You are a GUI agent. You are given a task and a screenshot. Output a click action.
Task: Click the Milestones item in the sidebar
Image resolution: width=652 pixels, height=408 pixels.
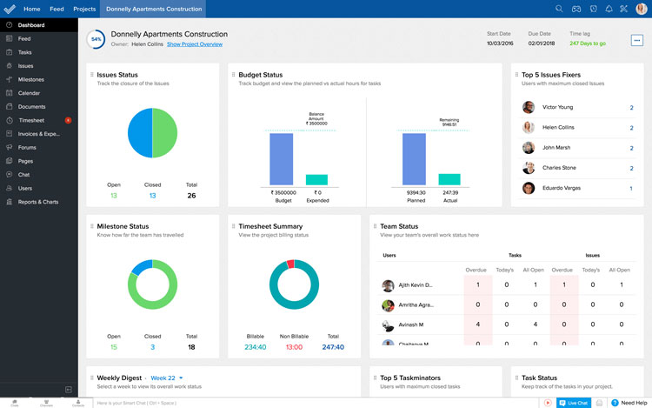[x=30, y=79]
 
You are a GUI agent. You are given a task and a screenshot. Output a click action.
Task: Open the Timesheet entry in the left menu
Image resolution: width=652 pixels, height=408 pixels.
[x=31, y=120]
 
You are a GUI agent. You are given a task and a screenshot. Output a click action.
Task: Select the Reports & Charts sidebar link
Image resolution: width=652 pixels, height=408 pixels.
[x=38, y=202]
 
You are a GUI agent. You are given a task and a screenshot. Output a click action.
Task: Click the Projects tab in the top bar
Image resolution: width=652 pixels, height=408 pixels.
[x=84, y=9]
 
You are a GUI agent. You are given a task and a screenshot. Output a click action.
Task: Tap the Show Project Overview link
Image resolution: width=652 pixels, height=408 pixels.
[x=195, y=43]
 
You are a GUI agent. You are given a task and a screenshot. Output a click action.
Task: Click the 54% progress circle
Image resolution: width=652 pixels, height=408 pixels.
[x=96, y=39]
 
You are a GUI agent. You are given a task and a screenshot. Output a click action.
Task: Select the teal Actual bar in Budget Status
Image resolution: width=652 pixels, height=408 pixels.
[x=449, y=178]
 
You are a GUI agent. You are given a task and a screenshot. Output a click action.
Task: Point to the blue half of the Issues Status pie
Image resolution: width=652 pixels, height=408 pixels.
[x=140, y=132]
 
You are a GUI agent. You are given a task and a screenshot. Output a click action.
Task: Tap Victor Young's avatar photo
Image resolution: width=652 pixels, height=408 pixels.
[x=529, y=108]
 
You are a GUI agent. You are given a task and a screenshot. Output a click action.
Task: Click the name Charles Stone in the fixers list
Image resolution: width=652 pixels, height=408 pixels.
[x=558, y=168]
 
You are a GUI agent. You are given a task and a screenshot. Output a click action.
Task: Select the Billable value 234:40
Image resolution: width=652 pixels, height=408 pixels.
[x=255, y=347]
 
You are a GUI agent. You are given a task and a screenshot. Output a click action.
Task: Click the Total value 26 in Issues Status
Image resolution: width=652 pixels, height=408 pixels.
[x=191, y=196]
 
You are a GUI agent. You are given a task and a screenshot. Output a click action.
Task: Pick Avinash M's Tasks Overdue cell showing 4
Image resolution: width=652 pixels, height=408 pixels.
[x=477, y=324]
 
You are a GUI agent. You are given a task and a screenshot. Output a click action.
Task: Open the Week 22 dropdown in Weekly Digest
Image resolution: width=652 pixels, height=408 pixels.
[x=167, y=378]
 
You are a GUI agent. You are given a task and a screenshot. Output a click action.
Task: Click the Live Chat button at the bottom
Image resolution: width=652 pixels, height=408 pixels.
[x=574, y=403]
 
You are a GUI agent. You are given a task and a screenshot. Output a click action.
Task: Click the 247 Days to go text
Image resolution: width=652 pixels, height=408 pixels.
[x=588, y=43]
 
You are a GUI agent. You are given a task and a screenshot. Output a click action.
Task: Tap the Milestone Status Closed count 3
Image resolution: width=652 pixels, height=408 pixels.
[x=152, y=347]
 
